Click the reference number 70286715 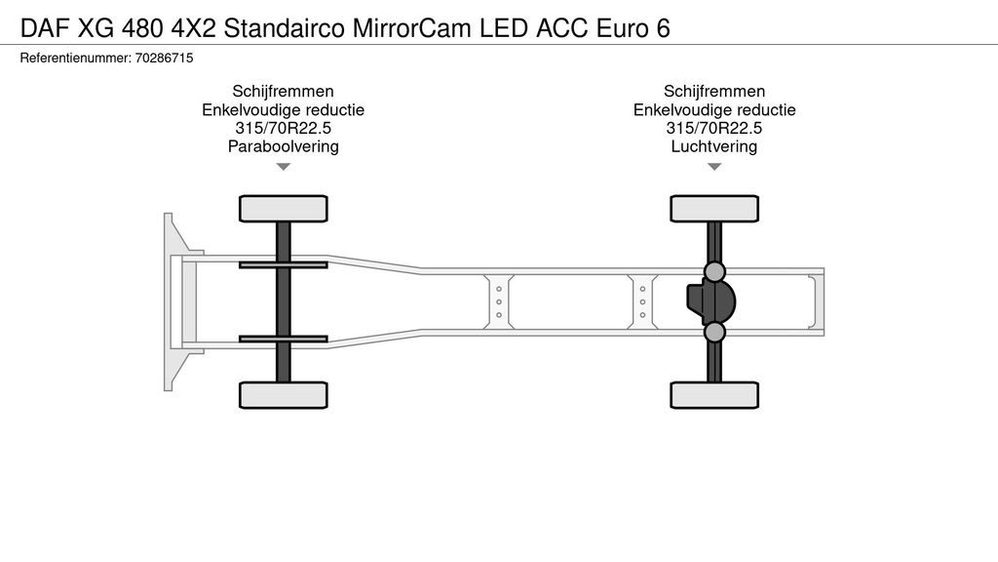(164, 58)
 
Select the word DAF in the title (46, 28)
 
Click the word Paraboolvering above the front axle (284, 146)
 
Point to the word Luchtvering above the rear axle (714, 146)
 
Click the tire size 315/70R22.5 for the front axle (284, 128)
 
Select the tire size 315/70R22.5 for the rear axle (714, 128)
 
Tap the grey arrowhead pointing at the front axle (284, 167)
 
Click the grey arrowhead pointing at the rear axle (714, 167)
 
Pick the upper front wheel (284, 209)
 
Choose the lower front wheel (284, 395)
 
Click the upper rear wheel (714, 209)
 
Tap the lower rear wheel (714, 395)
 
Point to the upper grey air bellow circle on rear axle (714, 271)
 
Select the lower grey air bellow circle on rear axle (714, 332)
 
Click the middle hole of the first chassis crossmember (499, 302)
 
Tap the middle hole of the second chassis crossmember (643, 302)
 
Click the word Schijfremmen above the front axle (284, 91)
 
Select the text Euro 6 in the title (633, 28)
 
